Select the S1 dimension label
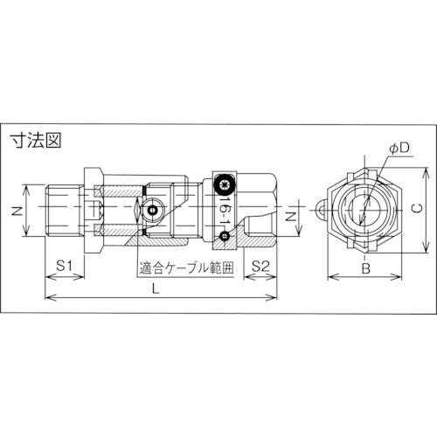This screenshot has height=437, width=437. point(64,265)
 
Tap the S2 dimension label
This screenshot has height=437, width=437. point(260,265)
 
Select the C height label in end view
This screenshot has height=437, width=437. point(417,209)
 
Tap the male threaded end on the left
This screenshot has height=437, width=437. point(65,211)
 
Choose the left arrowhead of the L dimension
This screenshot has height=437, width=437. point(48,299)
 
